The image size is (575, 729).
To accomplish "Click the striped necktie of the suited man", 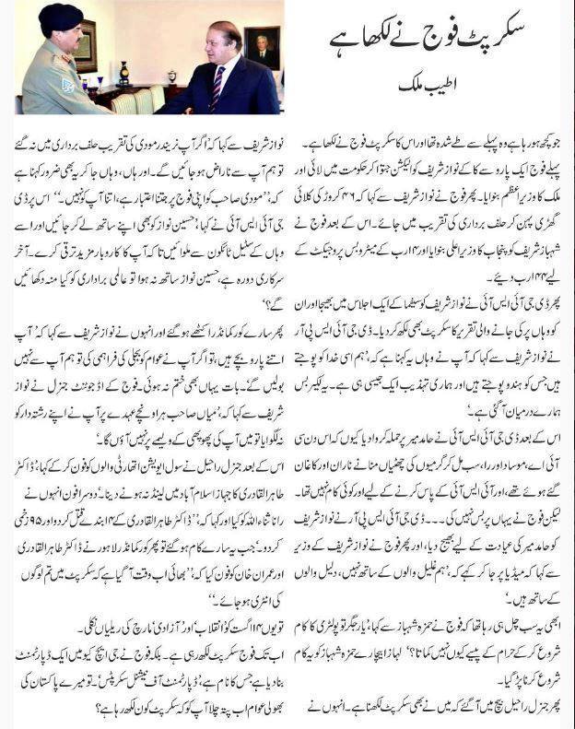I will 217,88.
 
